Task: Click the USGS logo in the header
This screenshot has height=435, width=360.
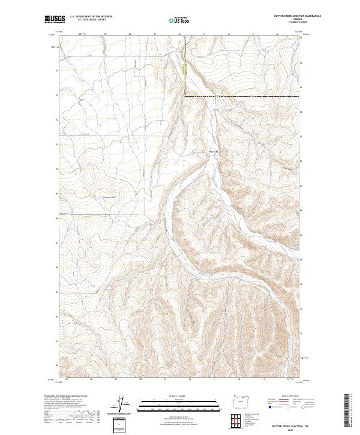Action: tap(55, 20)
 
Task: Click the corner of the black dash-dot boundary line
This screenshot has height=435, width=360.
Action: tap(185, 95)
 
